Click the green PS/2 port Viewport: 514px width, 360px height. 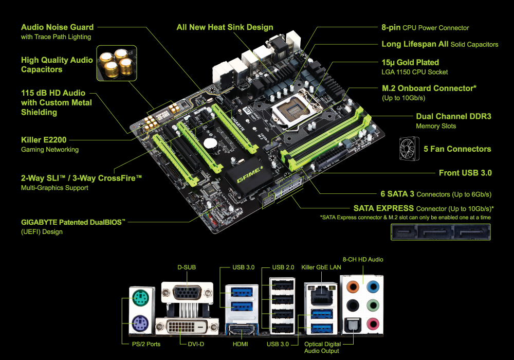click(141, 298)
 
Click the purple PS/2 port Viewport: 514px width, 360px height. click(141, 323)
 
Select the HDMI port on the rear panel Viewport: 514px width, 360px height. click(241, 329)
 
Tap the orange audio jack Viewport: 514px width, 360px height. click(353, 287)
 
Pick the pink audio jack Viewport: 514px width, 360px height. click(373, 324)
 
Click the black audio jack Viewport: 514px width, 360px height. click(353, 305)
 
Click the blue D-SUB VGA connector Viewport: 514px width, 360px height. click(187, 292)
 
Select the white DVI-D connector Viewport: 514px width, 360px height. click(187, 327)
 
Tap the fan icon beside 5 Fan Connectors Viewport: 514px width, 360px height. click(409, 149)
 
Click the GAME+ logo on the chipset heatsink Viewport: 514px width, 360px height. click(250, 175)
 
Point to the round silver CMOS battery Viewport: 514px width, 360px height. click(210, 143)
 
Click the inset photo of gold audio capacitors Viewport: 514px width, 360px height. click(117, 63)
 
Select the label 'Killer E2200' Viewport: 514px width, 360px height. click(44, 140)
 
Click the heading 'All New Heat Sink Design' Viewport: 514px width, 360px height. click(225, 27)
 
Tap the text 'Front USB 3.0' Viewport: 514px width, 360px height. click(465, 173)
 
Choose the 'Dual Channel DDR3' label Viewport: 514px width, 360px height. click(454, 116)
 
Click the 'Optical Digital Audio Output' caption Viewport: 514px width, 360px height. click(322, 348)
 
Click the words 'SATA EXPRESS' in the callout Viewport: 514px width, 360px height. click(383, 208)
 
